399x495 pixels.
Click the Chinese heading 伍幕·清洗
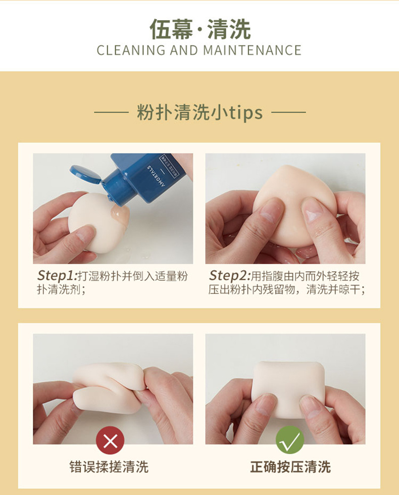[x=199, y=29]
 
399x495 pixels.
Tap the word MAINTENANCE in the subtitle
[x=252, y=51]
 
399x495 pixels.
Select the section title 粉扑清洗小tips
[x=199, y=112]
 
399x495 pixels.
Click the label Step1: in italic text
[x=57, y=276]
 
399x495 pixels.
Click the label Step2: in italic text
[x=230, y=276]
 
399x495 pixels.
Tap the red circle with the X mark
[x=110, y=440]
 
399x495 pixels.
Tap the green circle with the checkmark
[x=290, y=440]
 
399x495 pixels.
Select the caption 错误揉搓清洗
[x=109, y=467]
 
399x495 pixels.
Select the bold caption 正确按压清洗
[x=290, y=467]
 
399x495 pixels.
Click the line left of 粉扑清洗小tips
[x=112, y=112]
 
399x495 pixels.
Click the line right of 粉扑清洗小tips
[x=288, y=112]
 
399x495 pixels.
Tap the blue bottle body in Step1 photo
[x=152, y=177]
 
